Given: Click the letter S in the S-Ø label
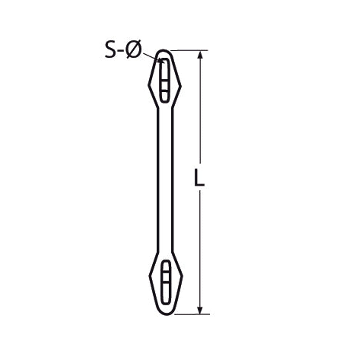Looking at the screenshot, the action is click(x=110, y=49).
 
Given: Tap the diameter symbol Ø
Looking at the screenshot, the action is click(x=133, y=49).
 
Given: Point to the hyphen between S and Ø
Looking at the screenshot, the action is click(x=120, y=51).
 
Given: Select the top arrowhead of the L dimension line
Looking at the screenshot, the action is click(x=201, y=55).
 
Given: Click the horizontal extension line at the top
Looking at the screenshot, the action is click(x=189, y=50).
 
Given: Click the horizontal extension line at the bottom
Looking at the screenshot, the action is click(x=192, y=314).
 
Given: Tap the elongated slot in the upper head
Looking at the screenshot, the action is click(x=165, y=80).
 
